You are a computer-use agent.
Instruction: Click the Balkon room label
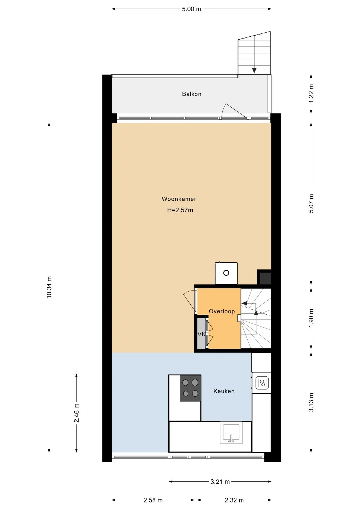pyautogui.click(x=191, y=94)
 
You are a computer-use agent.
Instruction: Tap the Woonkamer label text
pyautogui.click(x=179, y=199)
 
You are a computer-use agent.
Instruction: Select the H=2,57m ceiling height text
pyautogui.click(x=180, y=210)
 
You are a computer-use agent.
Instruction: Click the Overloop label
pyautogui.click(x=222, y=311)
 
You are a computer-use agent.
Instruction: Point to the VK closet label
pyautogui.click(x=201, y=334)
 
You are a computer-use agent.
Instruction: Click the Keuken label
pyautogui.click(x=224, y=391)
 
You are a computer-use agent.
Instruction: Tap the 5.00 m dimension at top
pyautogui.click(x=191, y=9)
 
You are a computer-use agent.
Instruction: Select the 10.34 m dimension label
pyautogui.click(x=49, y=287)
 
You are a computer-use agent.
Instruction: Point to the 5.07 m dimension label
pyautogui.click(x=311, y=203)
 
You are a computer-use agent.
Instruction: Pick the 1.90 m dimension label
pyautogui.click(x=311, y=318)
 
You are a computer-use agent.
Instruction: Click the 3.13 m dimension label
pyautogui.click(x=311, y=402)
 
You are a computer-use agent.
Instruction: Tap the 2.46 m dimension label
pyautogui.click(x=77, y=413)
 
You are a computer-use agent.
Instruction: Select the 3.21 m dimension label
pyautogui.click(x=220, y=482)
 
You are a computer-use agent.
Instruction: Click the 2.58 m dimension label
pyautogui.click(x=153, y=500)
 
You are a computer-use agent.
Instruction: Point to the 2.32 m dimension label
pyautogui.click(x=234, y=500)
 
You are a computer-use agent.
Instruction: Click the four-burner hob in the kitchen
pyautogui.click(x=190, y=388)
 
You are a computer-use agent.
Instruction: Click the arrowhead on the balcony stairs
pyautogui.click(x=254, y=71)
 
